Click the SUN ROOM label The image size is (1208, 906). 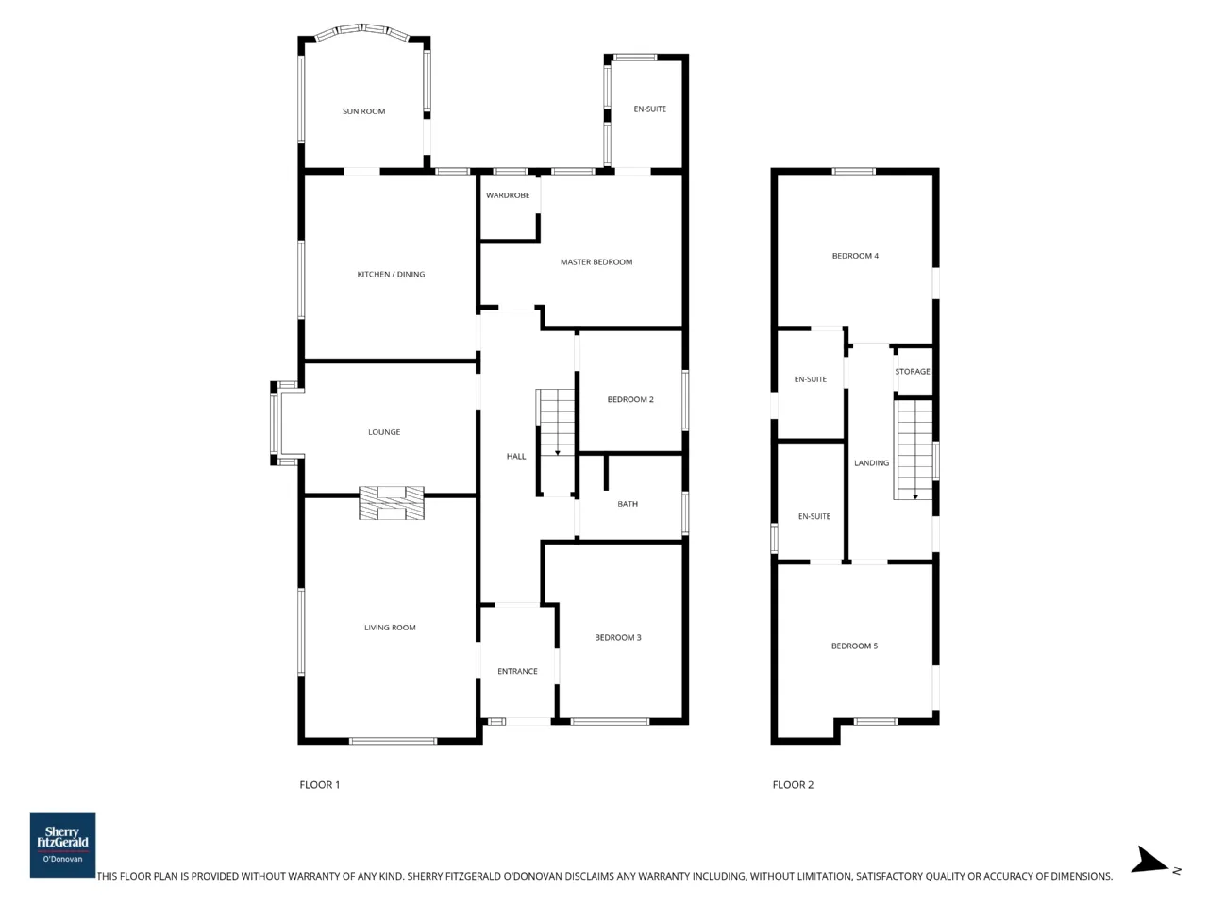(x=363, y=111)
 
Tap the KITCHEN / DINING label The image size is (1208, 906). (x=391, y=274)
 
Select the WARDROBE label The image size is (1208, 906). (x=508, y=195)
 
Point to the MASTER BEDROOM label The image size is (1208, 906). (x=596, y=261)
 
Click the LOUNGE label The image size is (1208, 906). (x=384, y=432)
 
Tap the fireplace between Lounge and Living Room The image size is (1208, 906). (x=392, y=502)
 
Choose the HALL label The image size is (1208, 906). (x=515, y=456)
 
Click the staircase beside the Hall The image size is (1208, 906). (x=556, y=443)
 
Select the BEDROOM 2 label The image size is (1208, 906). (x=630, y=399)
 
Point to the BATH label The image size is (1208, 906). (x=628, y=503)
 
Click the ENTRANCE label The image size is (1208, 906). (x=517, y=671)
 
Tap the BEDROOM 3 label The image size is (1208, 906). (x=617, y=637)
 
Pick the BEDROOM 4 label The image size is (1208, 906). (x=855, y=255)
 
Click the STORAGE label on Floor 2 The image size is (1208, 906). (x=912, y=371)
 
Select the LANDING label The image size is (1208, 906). (x=871, y=462)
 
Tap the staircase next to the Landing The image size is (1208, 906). (x=913, y=449)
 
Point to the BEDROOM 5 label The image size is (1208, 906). (x=854, y=646)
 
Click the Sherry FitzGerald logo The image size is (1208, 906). (x=62, y=845)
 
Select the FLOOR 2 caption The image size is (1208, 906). (x=793, y=785)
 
